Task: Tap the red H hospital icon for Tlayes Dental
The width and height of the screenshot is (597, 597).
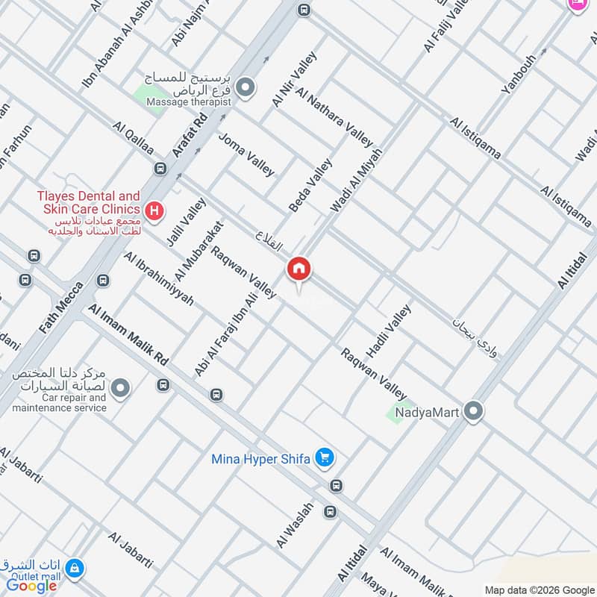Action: [x=154, y=210]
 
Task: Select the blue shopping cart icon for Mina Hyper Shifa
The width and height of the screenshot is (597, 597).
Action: [x=324, y=457]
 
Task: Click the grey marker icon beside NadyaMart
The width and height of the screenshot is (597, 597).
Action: [x=472, y=410]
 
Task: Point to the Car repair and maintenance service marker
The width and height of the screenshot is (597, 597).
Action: [x=120, y=388]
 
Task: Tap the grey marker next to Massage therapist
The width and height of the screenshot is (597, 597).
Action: [x=246, y=89]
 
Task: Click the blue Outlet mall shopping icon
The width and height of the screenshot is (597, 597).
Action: [x=74, y=569]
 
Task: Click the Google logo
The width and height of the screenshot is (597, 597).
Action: [x=32, y=586]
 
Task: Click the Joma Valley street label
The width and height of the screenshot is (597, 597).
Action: [x=246, y=154]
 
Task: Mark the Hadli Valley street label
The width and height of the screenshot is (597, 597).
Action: [x=388, y=331]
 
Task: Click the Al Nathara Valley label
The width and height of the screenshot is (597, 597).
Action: [x=334, y=116]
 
